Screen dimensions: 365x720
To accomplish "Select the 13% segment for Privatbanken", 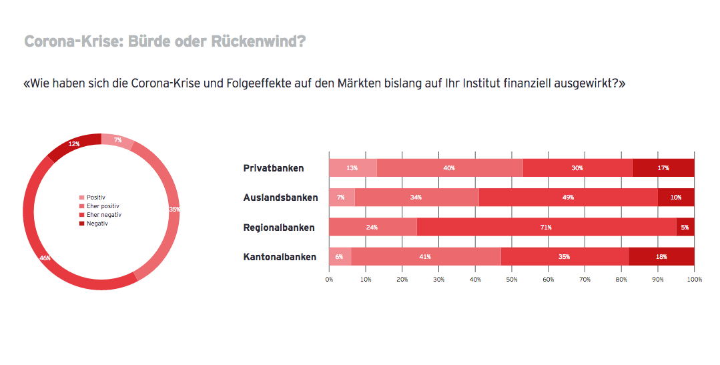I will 352,168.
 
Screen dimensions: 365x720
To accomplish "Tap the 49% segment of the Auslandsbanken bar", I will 569,198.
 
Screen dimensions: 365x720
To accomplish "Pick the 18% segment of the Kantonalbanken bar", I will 661,256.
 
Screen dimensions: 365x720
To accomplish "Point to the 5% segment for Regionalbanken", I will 685,227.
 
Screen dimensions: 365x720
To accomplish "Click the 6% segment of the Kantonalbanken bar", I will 340,256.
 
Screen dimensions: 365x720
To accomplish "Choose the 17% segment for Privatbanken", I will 663,168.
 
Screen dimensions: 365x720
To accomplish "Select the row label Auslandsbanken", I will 280,198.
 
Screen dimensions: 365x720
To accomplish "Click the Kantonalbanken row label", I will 280,256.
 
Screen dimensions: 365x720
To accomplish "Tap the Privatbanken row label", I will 274,168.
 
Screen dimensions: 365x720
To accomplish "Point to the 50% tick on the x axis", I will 512,279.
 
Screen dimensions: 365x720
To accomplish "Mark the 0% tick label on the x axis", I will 329,279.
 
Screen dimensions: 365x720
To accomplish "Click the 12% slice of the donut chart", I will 74,144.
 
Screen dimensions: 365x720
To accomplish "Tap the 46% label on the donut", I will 45,258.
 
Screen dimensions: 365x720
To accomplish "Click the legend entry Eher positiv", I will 102,206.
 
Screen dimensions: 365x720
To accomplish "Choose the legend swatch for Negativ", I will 82,224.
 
